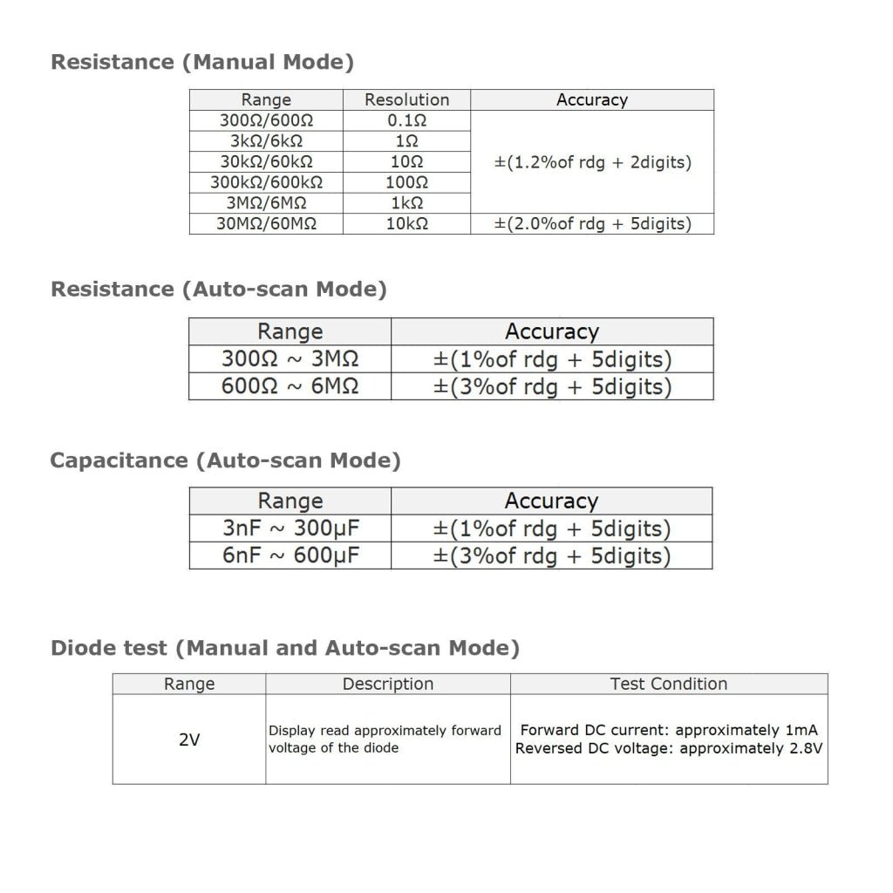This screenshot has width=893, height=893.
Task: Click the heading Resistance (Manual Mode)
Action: coord(202,62)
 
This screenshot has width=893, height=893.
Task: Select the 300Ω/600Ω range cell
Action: coord(266,120)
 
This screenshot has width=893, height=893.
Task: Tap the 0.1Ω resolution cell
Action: coord(406,120)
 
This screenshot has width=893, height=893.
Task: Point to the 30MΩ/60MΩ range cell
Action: coord(266,223)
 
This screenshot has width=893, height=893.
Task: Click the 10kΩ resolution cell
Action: coord(406,223)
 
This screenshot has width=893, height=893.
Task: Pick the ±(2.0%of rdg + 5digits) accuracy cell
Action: coord(592,223)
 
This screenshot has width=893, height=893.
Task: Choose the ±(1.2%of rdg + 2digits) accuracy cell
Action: coord(592,162)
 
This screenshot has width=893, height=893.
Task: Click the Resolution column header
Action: coord(406,99)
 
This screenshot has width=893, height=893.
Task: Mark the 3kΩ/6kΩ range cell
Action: coord(266,141)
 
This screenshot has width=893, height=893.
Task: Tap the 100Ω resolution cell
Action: coord(406,182)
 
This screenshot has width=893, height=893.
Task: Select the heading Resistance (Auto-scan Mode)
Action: coord(219,289)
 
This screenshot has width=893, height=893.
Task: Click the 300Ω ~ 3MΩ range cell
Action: coord(290,359)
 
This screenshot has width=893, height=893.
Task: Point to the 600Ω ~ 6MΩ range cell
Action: coord(290,386)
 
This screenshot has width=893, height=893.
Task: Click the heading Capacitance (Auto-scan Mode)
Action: coord(225,460)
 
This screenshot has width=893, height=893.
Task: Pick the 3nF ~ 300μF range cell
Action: coord(290,528)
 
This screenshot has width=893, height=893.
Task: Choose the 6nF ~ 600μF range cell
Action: coord(290,556)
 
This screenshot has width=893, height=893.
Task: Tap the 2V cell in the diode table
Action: coord(189,740)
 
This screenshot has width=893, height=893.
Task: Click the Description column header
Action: coord(388,685)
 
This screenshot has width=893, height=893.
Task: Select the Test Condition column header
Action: coord(669,685)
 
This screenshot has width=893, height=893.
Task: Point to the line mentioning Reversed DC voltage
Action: coord(669,748)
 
